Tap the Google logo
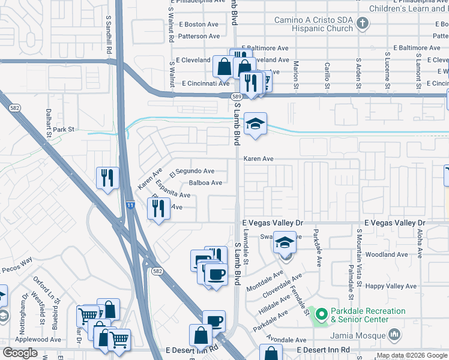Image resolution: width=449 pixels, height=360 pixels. (x=20, y=353)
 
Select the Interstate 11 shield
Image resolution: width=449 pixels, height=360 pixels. (x=130, y=205)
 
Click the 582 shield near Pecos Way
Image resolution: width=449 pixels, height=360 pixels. (x=157, y=271)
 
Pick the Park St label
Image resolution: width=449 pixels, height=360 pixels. (x=63, y=129)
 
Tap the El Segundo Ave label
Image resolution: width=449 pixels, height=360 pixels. (x=191, y=172)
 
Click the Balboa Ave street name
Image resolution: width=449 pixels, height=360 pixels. (x=205, y=183)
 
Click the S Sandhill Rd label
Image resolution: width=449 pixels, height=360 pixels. (x=109, y=36)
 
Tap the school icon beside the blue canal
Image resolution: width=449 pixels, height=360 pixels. (x=256, y=124)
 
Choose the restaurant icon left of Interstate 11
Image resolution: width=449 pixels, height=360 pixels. (x=107, y=178)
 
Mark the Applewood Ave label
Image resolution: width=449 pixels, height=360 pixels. (x=39, y=339)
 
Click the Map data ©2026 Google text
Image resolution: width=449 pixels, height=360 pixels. (x=411, y=355)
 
